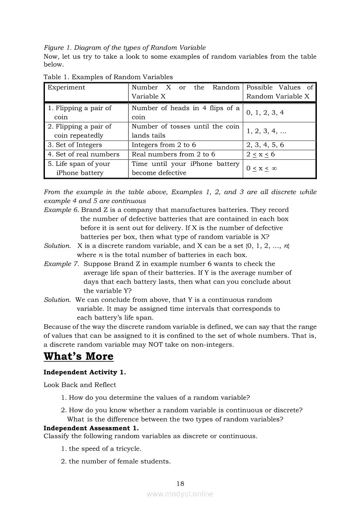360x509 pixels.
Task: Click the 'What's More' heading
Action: (x=78, y=356)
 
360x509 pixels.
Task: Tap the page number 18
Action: (x=180, y=483)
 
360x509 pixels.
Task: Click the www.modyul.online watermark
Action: (x=180, y=494)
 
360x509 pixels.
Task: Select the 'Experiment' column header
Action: (x=66, y=88)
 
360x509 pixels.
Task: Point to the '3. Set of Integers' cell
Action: (x=75, y=145)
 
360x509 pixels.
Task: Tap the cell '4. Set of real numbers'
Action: (x=83, y=154)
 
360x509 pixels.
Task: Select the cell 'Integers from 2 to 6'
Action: (x=163, y=145)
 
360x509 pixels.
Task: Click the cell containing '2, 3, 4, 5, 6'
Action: (x=265, y=145)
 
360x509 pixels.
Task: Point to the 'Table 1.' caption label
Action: (x=56, y=77)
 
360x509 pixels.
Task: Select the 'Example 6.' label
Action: (x=61, y=210)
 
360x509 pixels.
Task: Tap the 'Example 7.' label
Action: (x=62, y=264)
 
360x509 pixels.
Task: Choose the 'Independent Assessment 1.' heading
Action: (x=91, y=428)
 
